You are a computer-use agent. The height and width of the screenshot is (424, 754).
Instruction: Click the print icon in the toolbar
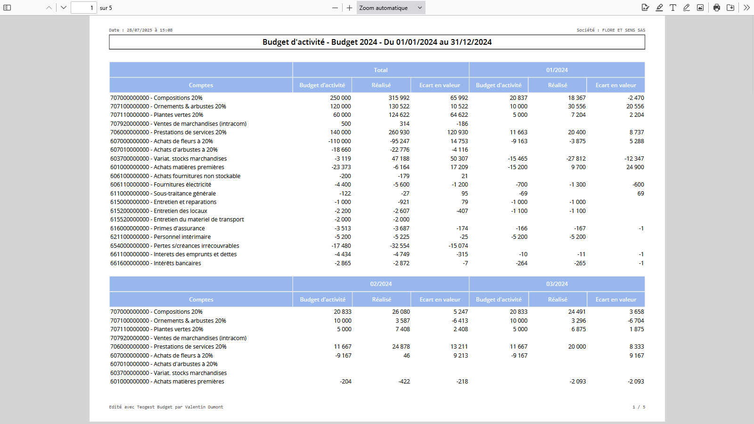click(x=717, y=8)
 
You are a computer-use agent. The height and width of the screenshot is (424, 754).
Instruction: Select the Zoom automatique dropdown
click(x=391, y=8)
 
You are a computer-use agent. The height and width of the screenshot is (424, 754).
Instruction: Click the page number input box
click(x=84, y=8)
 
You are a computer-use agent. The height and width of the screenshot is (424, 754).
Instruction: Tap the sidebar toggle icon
click(x=7, y=8)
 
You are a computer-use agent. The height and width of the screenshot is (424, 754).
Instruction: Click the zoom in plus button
click(x=349, y=8)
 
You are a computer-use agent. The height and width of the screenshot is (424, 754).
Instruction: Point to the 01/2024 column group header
click(x=557, y=70)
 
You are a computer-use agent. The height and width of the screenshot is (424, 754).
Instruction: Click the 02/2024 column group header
click(x=381, y=284)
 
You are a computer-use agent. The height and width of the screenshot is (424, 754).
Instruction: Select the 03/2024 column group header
click(x=557, y=284)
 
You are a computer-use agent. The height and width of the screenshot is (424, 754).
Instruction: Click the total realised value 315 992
click(x=399, y=98)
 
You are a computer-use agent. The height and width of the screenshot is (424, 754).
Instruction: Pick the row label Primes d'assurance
click(x=179, y=228)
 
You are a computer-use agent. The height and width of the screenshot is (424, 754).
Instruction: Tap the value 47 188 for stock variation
click(x=400, y=158)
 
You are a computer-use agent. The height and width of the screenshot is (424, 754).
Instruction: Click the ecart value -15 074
click(x=458, y=245)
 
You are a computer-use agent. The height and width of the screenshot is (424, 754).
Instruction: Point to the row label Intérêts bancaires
click(x=177, y=263)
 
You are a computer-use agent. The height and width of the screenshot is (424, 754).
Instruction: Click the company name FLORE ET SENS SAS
click(x=624, y=30)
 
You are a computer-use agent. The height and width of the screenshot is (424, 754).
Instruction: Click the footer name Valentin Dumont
click(x=204, y=407)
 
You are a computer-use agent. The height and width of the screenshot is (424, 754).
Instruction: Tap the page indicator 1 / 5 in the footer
click(x=639, y=407)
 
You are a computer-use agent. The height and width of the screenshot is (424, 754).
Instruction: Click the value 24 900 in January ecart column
click(x=635, y=167)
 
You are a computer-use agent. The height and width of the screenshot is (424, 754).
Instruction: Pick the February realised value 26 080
click(x=401, y=312)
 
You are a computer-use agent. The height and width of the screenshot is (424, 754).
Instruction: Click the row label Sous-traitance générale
click(x=185, y=194)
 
